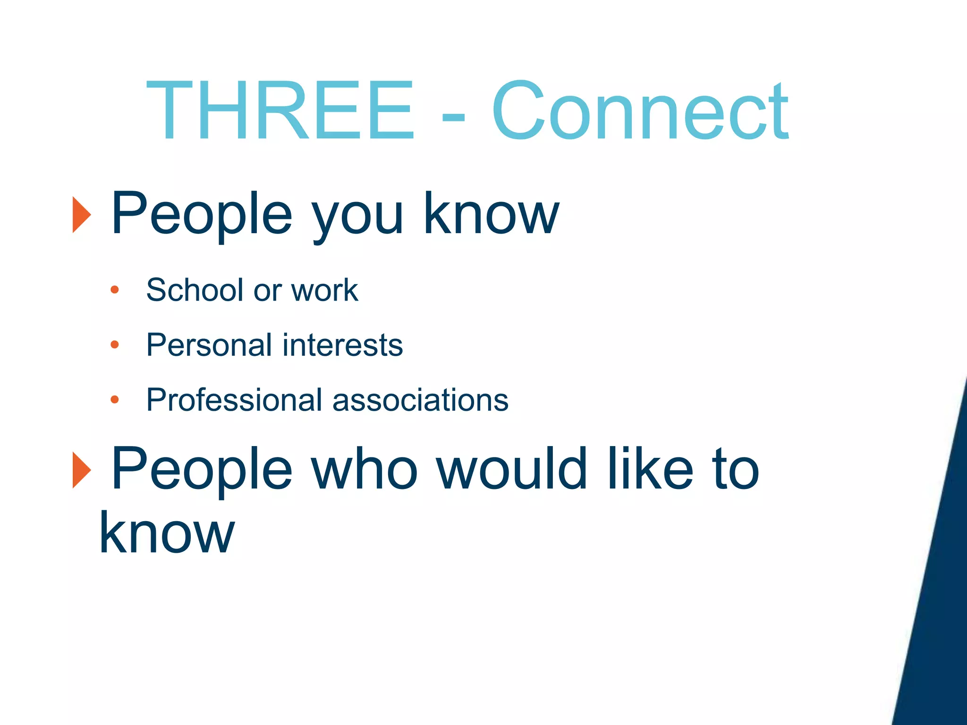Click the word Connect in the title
640,111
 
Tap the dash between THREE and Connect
453,116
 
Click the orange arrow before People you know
81,215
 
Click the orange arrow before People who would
81,470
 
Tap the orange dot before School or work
114,290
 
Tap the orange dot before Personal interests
114,345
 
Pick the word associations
420,400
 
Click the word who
364,469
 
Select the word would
512,469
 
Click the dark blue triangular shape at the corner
937,614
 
